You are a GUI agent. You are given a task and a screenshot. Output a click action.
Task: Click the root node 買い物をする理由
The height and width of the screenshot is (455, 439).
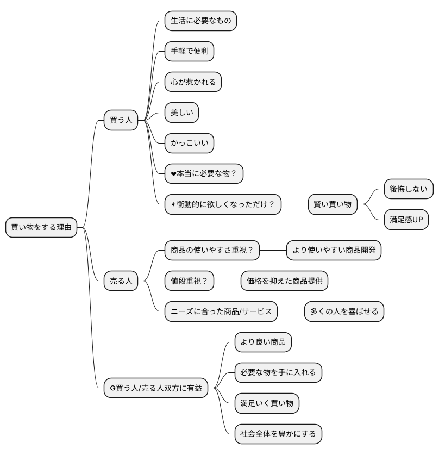point(41,227)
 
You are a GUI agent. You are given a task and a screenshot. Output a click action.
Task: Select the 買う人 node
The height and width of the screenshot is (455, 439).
point(121,120)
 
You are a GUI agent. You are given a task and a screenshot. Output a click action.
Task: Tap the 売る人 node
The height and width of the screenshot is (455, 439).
point(121,281)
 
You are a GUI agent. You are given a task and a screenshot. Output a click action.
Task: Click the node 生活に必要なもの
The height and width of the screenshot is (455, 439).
point(200,21)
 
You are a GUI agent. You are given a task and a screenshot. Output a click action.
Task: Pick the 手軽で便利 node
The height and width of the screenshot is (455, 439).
point(189,51)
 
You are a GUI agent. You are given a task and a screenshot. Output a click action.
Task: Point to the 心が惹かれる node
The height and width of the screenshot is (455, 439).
point(193,82)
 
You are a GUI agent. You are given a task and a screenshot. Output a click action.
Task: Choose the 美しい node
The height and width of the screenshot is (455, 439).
point(182,113)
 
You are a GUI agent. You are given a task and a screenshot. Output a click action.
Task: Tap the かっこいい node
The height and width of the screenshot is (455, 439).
point(189,143)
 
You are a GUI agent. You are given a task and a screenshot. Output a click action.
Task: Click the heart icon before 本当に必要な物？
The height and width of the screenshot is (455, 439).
point(173,174)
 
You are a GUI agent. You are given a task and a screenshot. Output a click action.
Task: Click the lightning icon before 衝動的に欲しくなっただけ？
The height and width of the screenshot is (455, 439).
point(173,204)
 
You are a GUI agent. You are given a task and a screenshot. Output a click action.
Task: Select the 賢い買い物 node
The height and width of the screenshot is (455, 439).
point(333,204)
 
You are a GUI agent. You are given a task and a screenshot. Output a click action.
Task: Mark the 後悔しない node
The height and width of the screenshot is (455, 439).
point(409,189)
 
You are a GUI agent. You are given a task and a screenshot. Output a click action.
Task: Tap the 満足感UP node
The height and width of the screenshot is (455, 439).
point(406,220)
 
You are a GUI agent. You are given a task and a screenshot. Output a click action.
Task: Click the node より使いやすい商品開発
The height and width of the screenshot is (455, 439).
point(334,250)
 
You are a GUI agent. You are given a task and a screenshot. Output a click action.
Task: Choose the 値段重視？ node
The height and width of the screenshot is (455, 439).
point(189,281)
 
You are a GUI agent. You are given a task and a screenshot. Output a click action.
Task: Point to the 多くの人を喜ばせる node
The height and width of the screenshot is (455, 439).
point(344,311)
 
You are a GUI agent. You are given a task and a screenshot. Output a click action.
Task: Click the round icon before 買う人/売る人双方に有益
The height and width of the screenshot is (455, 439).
point(113,388)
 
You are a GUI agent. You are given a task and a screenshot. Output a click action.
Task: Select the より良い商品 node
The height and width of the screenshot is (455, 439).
point(263,342)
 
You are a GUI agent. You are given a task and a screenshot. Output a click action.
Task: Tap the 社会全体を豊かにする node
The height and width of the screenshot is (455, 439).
point(278,434)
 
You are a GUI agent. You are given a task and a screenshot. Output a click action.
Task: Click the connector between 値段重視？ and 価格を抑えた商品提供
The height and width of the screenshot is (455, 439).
point(227,281)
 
